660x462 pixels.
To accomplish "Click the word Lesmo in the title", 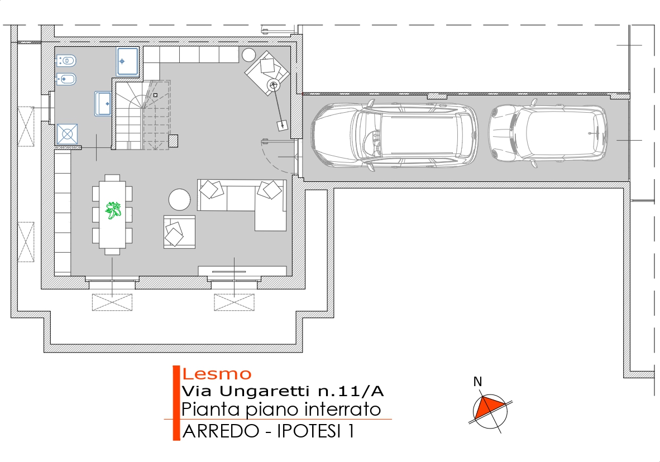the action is [x=217, y=374].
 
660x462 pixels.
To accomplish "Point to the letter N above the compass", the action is [x=477, y=382].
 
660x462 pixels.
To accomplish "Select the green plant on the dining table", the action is [x=113, y=210].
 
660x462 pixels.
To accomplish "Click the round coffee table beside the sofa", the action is [x=179, y=199].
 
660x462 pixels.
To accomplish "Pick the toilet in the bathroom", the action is [x=66, y=61].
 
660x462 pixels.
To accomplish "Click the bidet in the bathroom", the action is [x=66, y=79].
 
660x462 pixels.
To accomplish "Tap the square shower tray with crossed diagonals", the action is [x=68, y=134].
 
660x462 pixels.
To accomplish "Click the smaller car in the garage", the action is [x=548, y=133].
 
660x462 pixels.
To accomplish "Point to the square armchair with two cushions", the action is [x=179, y=232].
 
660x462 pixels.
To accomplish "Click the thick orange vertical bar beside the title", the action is [x=176, y=403].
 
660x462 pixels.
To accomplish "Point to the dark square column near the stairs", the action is [x=173, y=141].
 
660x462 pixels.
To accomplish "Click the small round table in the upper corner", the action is [x=249, y=55].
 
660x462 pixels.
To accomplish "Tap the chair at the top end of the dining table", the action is [x=112, y=178].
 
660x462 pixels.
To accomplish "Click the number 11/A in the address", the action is [x=360, y=391].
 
